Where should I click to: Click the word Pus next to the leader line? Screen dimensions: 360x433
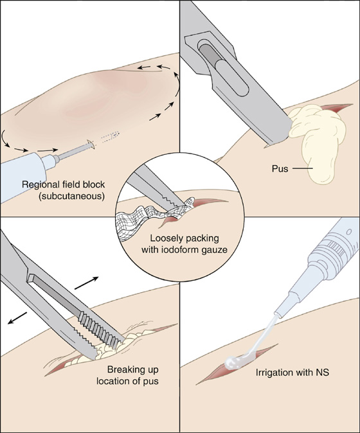pyautogui.click(x=280, y=168)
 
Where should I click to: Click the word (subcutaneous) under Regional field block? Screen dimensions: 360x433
pyautogui.click(x=72, y=197)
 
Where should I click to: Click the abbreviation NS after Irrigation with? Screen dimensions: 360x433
pyautogui.click(x=322, y=372)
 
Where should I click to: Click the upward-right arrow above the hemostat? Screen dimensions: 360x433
pyautogui.click(x=87, y=283)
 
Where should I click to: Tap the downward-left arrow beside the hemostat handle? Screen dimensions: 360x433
pyautogui.click(x=17, y=317)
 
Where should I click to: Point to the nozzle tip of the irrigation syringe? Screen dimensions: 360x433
pyautogui.click(x=277, y=314)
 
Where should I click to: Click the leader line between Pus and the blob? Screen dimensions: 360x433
pyautogui.click(x=303, y=168)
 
